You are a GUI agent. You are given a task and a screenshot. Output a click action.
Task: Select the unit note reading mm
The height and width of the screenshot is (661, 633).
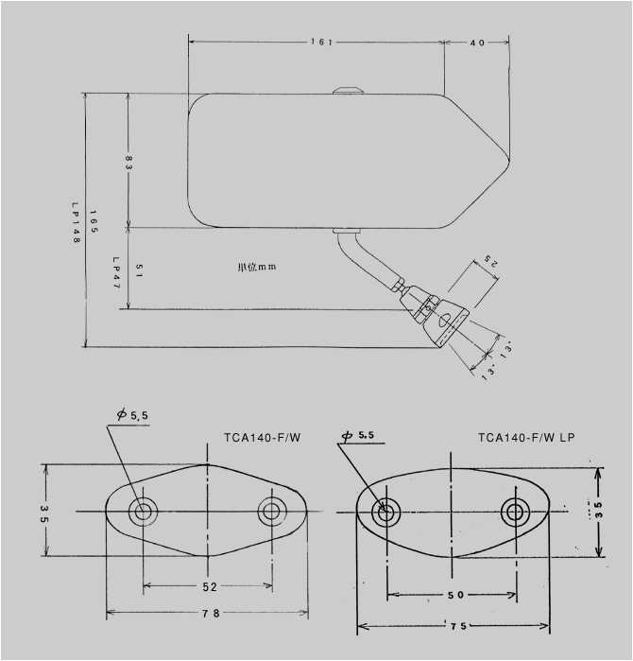[255, 267]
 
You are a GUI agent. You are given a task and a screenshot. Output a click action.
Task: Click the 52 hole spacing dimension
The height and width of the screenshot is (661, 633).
[208, 587]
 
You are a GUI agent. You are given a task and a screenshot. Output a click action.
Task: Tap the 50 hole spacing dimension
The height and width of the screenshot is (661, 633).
[453, 596]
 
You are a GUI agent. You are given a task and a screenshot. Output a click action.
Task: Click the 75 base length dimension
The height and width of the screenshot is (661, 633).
[455, 626]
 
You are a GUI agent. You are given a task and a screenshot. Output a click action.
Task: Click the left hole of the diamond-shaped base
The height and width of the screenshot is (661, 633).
[144, 512]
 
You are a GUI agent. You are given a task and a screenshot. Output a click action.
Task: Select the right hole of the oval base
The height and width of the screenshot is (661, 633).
[515, 513]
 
